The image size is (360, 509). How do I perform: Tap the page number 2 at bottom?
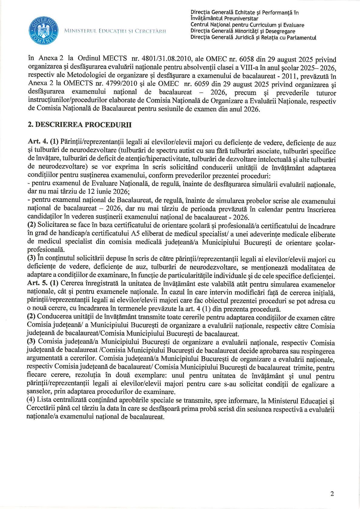pos(332,494)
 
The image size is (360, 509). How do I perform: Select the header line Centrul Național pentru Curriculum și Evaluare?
pos(247,25)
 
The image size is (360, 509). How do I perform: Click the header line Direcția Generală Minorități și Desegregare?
pos(243,31)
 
